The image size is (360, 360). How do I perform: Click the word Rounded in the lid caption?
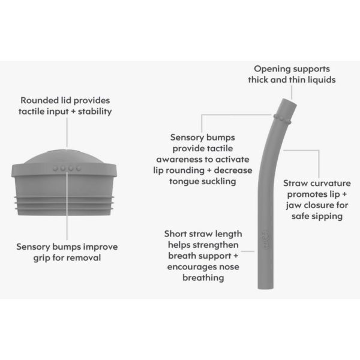click(x=40, y=100)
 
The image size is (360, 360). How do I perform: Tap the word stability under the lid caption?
click(x=95, y=112)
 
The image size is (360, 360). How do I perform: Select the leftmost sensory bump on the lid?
click(x=55, y=168)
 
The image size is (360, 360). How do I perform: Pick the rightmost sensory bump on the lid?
click(x=79, y=168)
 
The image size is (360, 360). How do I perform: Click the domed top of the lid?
click(x=64, y=157)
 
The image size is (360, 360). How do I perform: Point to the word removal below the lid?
click(x=85, y=257)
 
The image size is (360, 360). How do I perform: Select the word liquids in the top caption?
click(x=322, y=80)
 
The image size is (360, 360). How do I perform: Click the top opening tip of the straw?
click(x=289, y=101)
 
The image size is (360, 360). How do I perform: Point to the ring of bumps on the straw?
click(x=282, y=118)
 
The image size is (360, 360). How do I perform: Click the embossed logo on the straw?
click(x=265, y=240)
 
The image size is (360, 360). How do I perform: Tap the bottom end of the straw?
click(x=265, y=287)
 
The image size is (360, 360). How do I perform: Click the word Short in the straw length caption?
click(x=175, y=234)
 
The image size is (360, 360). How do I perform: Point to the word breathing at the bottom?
click(x=203, y=278)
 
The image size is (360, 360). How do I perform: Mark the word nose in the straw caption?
click(x=229, y=267)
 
